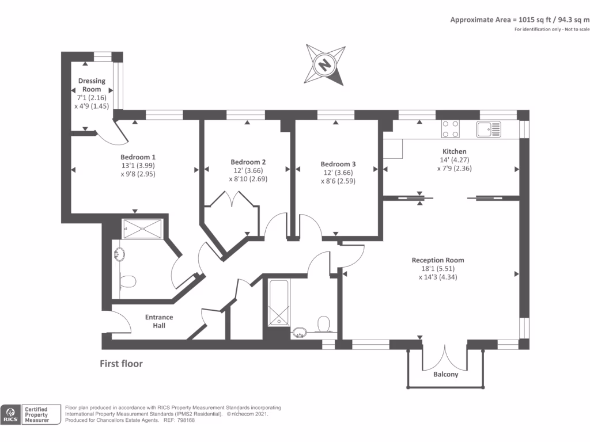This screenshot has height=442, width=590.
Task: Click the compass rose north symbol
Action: pos(326,64)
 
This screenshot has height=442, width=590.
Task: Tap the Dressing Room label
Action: pos(92,85)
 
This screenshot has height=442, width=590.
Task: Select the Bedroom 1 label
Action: pos(138,157)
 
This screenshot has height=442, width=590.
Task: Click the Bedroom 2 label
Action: pos(248,162)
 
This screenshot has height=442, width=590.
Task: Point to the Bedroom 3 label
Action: pos(338,164)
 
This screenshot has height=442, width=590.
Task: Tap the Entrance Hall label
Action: pos(158,321)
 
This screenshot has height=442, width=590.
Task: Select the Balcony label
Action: pos(445,375)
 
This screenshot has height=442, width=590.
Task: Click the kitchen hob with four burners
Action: pos(451,129)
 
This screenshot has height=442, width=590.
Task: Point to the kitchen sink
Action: pos(489,129)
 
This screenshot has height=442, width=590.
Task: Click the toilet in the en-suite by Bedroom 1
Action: pos(127,281)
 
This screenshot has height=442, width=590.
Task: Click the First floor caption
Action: pos(121,364)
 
